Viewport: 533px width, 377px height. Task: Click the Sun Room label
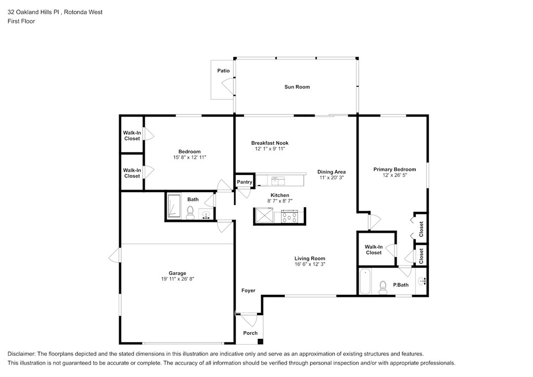(297, 87)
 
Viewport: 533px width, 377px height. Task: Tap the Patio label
(223, 71)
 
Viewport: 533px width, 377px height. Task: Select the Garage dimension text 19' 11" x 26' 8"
(177, 279)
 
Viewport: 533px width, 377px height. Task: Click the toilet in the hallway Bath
(190, 212)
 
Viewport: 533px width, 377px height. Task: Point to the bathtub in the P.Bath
(364, 282)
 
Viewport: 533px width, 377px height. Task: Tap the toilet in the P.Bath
(384, 287)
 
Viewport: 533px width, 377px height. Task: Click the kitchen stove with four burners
(289, 216)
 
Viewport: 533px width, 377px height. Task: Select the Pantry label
(244, 182)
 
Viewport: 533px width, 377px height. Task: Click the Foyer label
(248, 291)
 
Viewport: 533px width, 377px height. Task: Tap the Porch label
(250, 333)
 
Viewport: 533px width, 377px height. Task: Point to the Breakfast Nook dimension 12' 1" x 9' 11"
(270, 149)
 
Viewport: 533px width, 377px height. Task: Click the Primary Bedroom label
(395, 169)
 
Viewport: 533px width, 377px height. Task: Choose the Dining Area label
(332, 172)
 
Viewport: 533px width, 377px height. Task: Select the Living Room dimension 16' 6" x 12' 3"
(310, 265)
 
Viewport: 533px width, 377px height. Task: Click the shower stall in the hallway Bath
(174, 207)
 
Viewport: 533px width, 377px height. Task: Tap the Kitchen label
(280, 195)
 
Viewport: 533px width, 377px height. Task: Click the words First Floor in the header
(21, 21)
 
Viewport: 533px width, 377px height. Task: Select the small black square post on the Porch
(260, 342)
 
